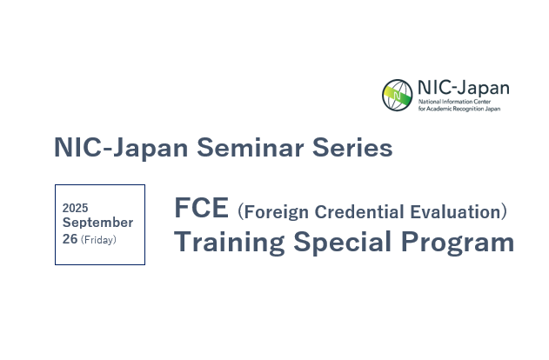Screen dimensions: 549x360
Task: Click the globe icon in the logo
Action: tap(397, 95)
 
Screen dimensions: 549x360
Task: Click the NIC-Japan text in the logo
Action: tap(464, 88)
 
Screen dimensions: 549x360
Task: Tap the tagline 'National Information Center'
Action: tap(454, 102)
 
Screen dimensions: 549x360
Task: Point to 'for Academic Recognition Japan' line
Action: tap(459, 109)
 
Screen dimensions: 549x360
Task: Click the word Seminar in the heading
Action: tap(250, 147)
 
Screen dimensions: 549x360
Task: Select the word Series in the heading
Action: tap(352, 147)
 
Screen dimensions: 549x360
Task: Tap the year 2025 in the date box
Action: tap(76, 208)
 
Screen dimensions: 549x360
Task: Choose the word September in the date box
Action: tap(97, 223)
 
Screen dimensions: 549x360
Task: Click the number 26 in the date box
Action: tap(70, 239)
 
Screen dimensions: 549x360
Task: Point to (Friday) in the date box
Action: tap(98, 240)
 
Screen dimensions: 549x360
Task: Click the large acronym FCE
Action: tap(201, 208)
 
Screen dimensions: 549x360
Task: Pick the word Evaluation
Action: tap(455, 211)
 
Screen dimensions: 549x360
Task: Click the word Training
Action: tap(230, 243)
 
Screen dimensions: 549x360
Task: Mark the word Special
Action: tap(342, 243)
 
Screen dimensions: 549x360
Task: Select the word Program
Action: tap(458, 243)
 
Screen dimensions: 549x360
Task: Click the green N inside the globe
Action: tap(397, 95)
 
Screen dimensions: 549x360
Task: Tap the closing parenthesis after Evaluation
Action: tap(504, 212)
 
